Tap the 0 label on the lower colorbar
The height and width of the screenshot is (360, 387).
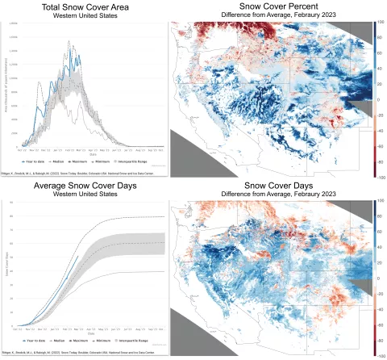pos(379,278)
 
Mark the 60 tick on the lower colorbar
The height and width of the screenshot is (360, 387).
pos(380,232)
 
